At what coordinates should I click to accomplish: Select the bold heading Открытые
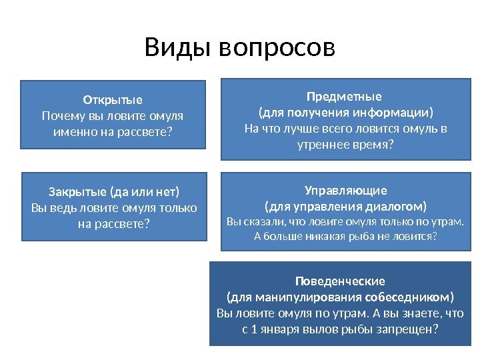click(x=113, y=101)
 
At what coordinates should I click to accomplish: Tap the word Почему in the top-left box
click(x=62, y=116)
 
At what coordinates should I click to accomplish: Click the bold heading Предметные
click(x=344, y=96)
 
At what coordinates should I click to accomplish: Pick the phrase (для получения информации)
click(x=345, y=112)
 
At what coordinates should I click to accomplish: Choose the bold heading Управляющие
click(x=345, y=190)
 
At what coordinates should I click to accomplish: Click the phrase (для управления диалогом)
click(x=345, y=205)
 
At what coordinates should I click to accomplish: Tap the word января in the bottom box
click(x=279, y=328)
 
